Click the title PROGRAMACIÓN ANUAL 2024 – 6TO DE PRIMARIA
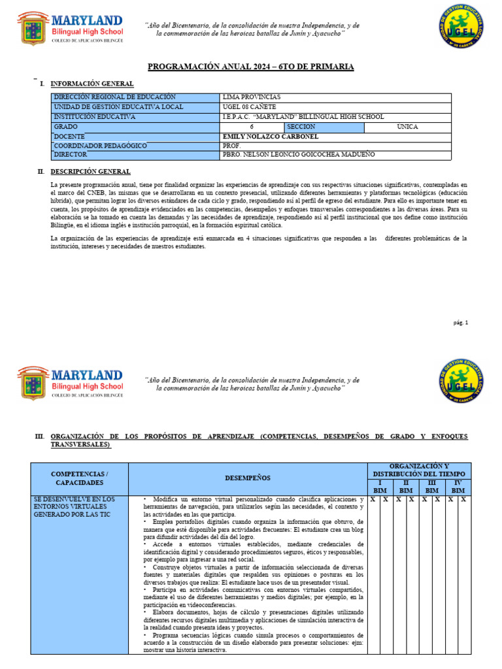tap(250, 67)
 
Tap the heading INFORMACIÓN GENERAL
tap(92, 84)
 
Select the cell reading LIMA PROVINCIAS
tap(252, 97)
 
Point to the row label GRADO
tap(65, 126)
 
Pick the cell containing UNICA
tap(407, 126)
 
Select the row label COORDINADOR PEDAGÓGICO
tap(100, 146)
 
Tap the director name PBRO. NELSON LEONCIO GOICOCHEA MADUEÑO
tap(299, 155)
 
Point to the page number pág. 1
tap(461, 323)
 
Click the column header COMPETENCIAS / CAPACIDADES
tap(80, 478)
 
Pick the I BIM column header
tap(379, 486)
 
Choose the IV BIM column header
tap(458, 486)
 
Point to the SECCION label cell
tap(301, 126)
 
